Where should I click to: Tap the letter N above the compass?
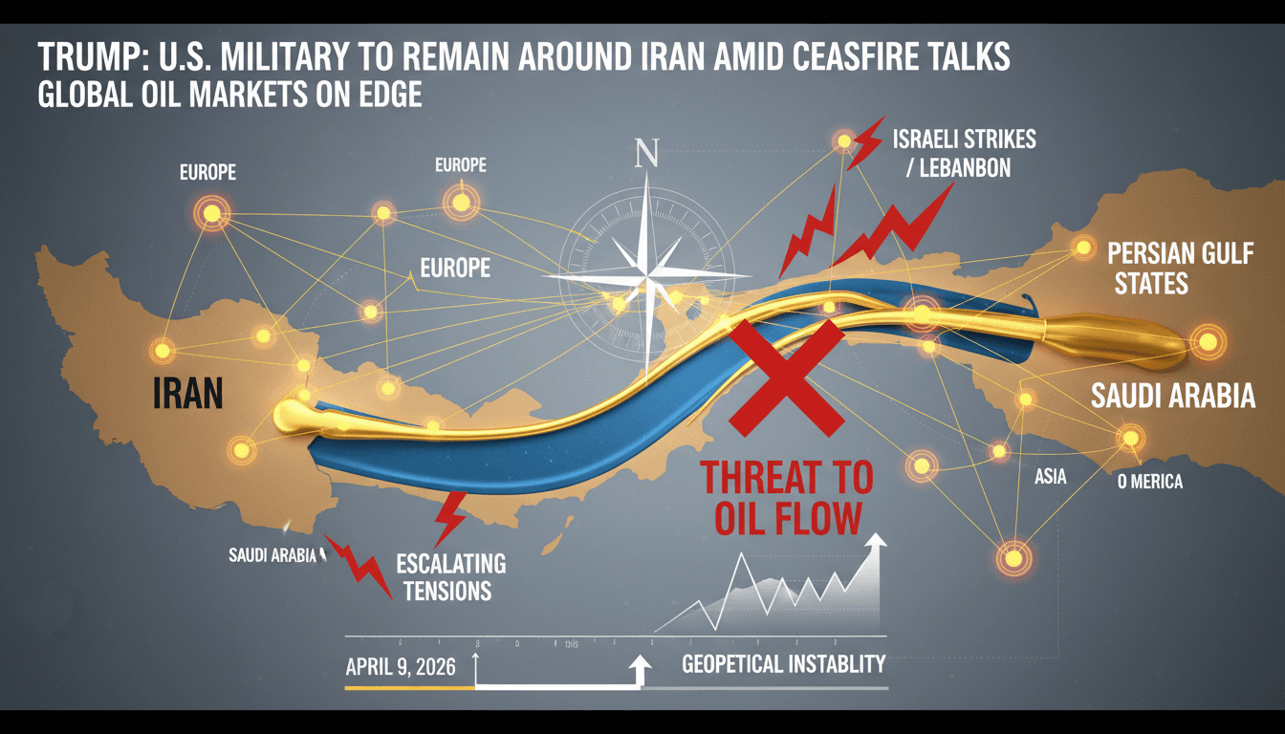(647, 152)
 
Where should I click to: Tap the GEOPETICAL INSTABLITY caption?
(783, 663)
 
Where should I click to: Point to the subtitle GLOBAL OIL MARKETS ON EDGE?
(229, 97)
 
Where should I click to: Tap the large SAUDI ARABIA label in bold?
(1172, 396)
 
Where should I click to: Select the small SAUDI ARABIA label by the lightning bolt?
(272, 555)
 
